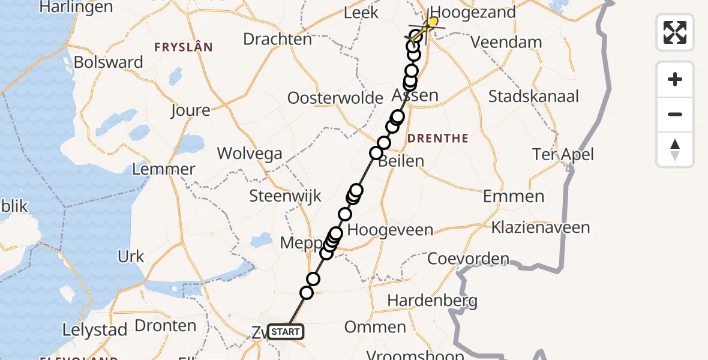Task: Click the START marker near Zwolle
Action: pyautogui.click(x=286, y=332)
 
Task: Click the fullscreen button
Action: pyautogui.click(x=675, y=32)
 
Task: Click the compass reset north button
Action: pyautogui.click(x=675, y=149)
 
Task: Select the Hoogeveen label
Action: pyautogui.click(x=390, y=230)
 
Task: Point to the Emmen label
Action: pyautogui.click(x=514, y=196)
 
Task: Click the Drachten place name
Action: pyautogui.click(x=277, y=40)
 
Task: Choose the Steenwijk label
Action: pyautogui.click(x=286, y=196)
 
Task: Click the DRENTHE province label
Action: pyautogui.click(x=438, y=139)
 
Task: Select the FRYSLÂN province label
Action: pyautogui.click(x=184, y=47)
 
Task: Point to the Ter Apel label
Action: pyautogui.click(x=563, y=155)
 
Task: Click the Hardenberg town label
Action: pyautogui.click(x=432, y=300)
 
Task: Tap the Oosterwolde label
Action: pyautogui.click(x=335, y=98)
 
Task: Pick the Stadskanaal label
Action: pyautogui.click(x=533, y=97)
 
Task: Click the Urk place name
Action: pyautogui.click(x=131, y=257)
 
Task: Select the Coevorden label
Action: pyautogui.click(x=468, y=259)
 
